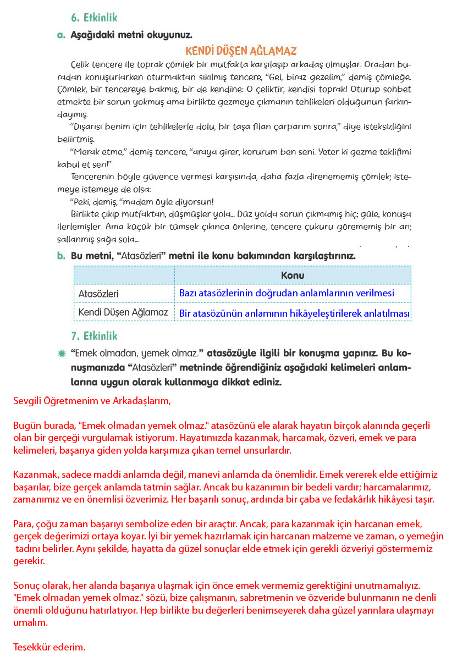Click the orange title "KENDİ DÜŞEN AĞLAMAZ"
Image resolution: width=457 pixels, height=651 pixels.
click(241, 51)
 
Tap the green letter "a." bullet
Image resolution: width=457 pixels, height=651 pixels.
click(61, 35)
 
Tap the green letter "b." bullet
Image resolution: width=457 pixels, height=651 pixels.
click(61, 256)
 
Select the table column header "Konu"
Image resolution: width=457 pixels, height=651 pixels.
click(293, 275)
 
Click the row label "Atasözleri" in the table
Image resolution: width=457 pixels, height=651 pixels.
click(98, 294)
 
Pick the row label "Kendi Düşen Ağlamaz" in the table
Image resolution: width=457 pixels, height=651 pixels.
click(123, 312)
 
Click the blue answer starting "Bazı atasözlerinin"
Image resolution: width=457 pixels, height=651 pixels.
click(287, 294)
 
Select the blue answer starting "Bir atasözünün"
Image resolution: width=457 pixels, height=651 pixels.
click(295, 313)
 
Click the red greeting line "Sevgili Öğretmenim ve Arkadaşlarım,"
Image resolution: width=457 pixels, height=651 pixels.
click(92, 401)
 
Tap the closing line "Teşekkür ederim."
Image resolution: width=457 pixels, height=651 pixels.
click(49, 647)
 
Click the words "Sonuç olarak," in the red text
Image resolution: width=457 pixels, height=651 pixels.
click(40, 587)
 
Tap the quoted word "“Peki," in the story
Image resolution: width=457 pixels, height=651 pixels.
click(82, 202)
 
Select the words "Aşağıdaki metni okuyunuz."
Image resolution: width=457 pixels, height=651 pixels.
click(131, 35)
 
